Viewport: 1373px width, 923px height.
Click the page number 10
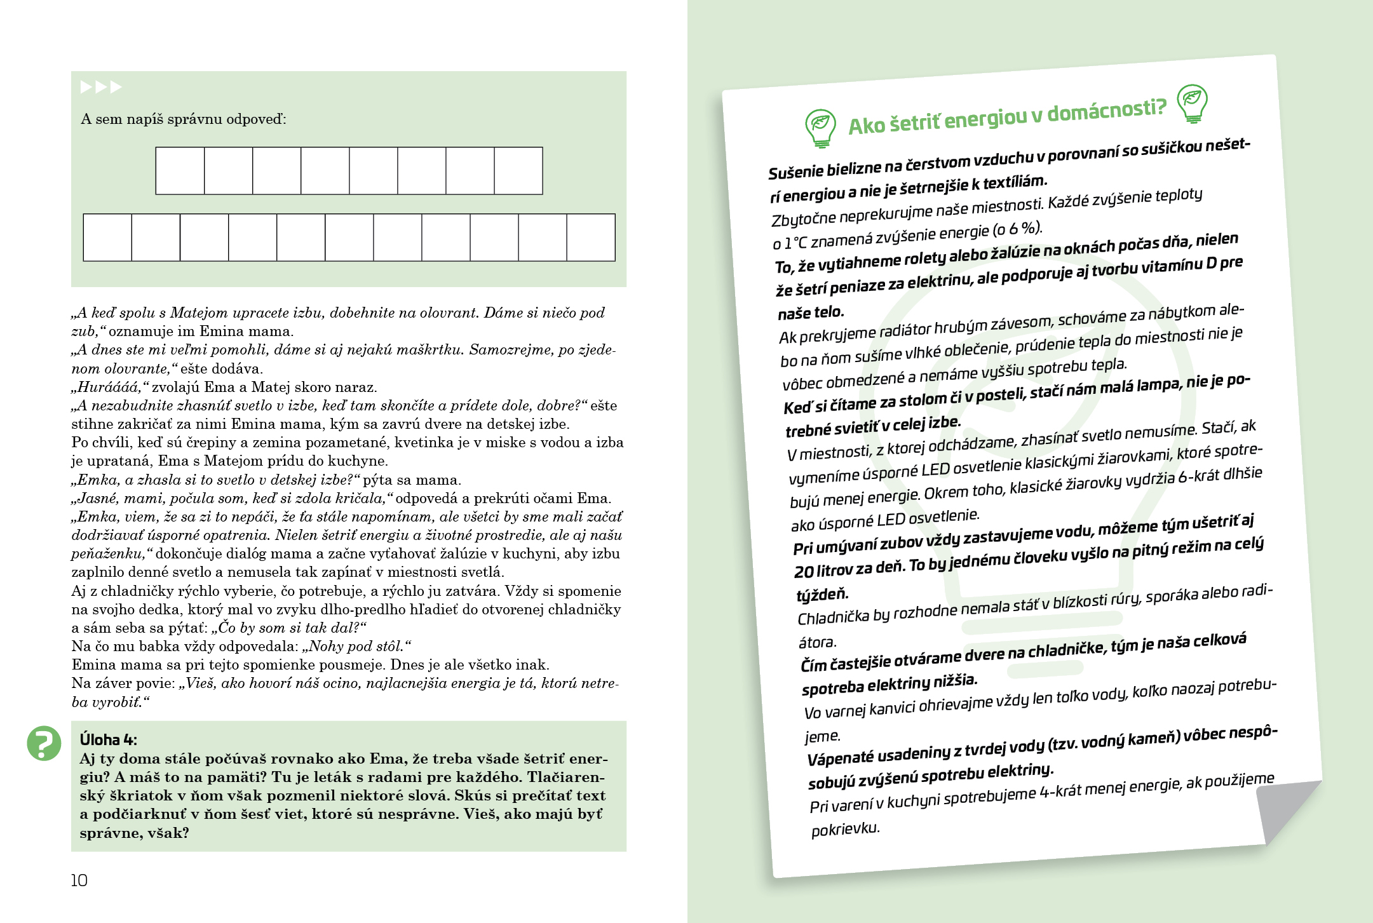click(x=79, y=880)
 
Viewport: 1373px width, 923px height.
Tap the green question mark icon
click(x=44, y=743)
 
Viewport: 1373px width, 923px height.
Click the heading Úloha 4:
click(x=108, y=739)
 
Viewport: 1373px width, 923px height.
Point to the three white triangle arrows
click(x=100, y=87)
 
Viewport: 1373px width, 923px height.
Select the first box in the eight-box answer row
click(x=180, y=171)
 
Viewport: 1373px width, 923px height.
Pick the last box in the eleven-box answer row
click(x=591, y=238)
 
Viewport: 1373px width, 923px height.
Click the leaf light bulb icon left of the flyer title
click(x=820, y=127)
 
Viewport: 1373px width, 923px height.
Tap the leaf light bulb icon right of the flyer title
click(x=1192, y=102)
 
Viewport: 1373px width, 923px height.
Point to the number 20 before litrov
click(x=804, y=572)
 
